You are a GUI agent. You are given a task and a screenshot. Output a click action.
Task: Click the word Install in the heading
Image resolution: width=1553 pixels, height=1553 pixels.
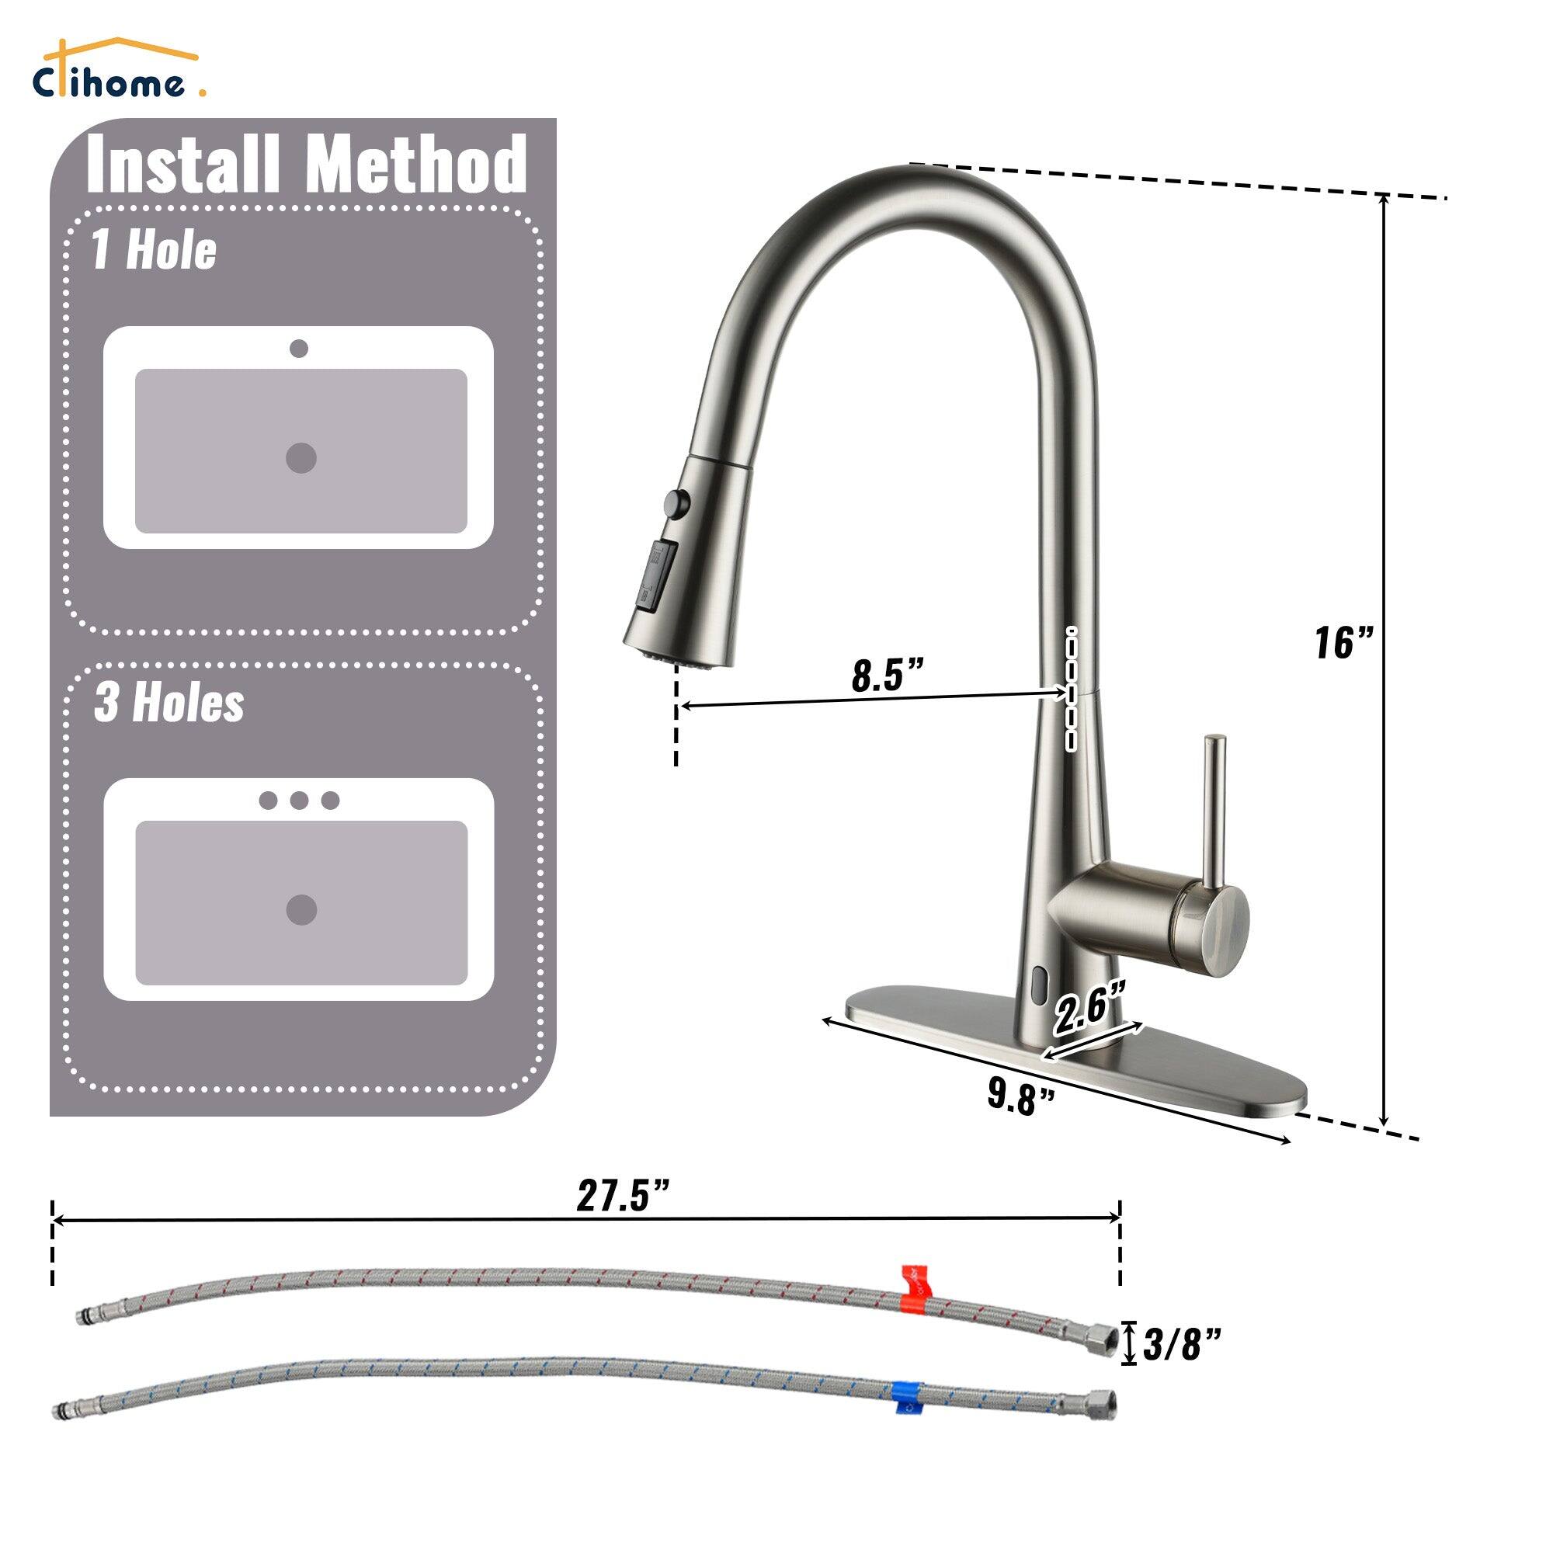pos(182,164)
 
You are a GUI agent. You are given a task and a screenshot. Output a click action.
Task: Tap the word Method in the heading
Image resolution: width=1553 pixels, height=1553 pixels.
pos(415,164)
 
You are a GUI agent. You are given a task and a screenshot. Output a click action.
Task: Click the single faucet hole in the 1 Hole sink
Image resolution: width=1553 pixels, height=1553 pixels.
pos(299,348)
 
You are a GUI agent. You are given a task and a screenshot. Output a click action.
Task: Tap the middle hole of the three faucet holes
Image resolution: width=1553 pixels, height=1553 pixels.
pos(299,800)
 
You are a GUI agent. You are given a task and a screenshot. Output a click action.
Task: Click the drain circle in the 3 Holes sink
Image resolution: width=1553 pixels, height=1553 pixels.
pos(301,910)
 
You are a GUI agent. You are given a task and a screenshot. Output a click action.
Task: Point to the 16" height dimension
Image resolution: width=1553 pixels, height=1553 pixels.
pos(1343,643)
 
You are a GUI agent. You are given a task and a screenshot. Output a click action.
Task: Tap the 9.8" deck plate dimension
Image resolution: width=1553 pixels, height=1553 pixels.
pos(1020,1097)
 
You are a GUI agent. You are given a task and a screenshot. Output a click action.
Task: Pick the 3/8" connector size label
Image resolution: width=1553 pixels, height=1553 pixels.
pos(1182,1343)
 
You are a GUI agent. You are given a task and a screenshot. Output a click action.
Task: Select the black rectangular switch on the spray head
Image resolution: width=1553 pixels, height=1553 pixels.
pos(656,575)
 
